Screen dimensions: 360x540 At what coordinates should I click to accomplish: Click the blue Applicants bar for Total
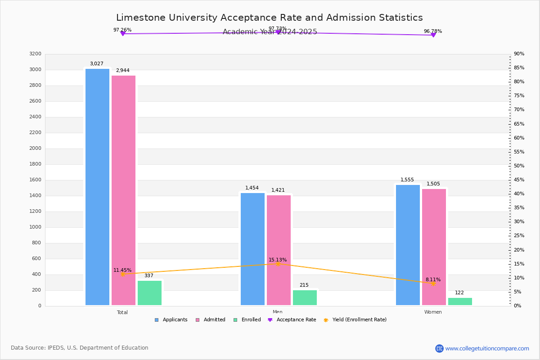coord(97,187)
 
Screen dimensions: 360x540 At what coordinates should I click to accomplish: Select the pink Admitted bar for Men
coord(279,250)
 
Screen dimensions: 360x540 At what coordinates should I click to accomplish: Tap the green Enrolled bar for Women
coord(460,301)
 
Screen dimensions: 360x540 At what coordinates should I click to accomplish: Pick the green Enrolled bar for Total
coord(149,293)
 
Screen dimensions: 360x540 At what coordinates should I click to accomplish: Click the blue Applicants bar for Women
coord(408,245)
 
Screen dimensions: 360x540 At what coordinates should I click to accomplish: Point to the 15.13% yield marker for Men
coord(278,264)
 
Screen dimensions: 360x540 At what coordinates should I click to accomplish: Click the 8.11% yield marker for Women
coord(433,283)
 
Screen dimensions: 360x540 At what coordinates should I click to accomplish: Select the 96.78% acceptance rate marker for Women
coord(433,35)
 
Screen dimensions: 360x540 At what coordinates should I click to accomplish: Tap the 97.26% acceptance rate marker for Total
coord(122,33)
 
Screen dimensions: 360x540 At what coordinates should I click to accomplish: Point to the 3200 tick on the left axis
coord(35,54)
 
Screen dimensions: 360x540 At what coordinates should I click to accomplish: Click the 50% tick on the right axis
coord(519,166)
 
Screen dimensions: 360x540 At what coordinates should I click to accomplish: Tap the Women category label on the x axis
coord(433,312)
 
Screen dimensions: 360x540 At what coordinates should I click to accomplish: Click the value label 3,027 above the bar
coord(97,64)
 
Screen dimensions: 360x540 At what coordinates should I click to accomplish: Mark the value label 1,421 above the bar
coord(278,190)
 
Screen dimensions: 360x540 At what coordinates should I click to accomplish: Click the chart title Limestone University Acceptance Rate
coord(269,18)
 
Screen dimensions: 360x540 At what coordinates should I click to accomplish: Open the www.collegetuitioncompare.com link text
coord(487,348)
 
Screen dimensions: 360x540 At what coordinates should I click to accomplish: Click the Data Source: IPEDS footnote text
coord(80,348)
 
